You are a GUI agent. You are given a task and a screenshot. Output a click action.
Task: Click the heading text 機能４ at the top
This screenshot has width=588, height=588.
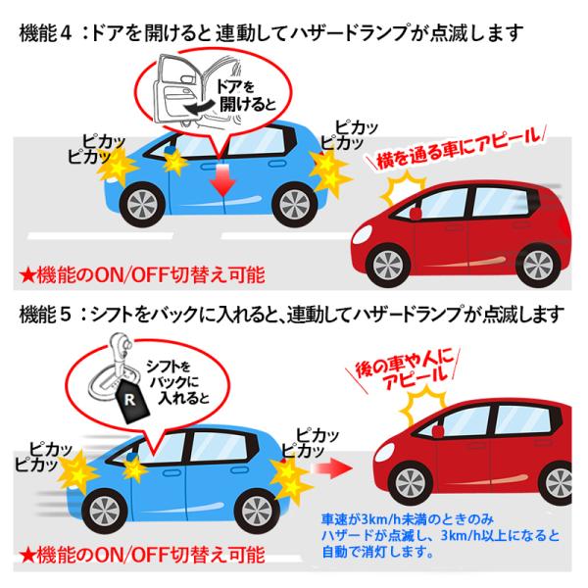45,33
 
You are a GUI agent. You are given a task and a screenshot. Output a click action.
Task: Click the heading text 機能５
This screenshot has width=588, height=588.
45,314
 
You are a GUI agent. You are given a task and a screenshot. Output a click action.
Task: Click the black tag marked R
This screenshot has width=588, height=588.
131,400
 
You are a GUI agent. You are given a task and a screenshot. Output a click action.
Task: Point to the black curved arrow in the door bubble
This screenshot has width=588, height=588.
200,107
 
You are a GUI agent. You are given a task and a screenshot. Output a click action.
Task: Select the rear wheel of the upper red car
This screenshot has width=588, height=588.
538,266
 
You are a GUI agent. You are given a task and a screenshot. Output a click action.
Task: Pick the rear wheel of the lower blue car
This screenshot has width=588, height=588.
257,512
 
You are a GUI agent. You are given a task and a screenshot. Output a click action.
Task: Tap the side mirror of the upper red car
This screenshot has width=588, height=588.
416,213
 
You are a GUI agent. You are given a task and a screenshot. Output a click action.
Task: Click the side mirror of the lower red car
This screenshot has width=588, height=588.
437,431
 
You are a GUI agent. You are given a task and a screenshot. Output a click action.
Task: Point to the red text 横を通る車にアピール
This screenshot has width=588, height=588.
460,150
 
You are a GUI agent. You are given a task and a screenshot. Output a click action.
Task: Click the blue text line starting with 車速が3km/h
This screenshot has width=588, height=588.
408,519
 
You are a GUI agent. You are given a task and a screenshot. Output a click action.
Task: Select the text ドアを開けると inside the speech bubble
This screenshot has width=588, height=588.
246,96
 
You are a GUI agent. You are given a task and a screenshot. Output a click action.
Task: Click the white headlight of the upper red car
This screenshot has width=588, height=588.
361,234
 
